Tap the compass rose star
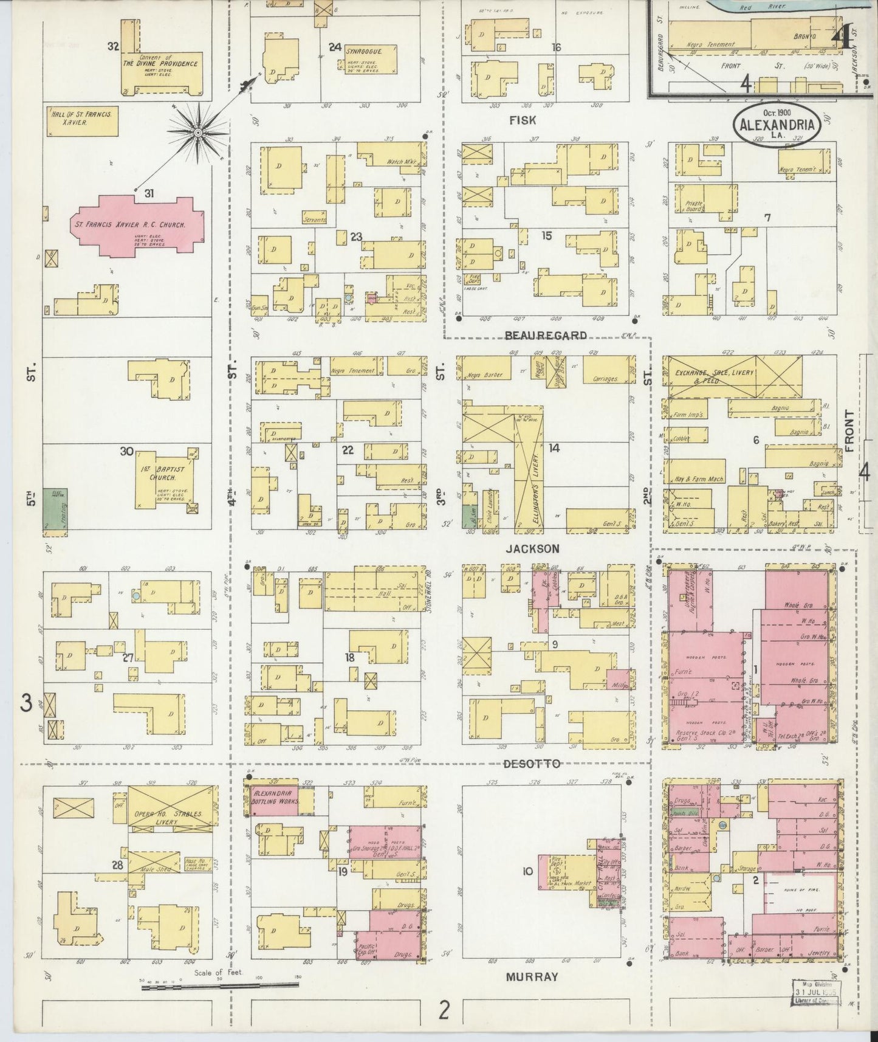click(x=197, y=131)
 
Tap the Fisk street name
click(x=523, y=120)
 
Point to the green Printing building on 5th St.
click(x=55, y=512)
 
